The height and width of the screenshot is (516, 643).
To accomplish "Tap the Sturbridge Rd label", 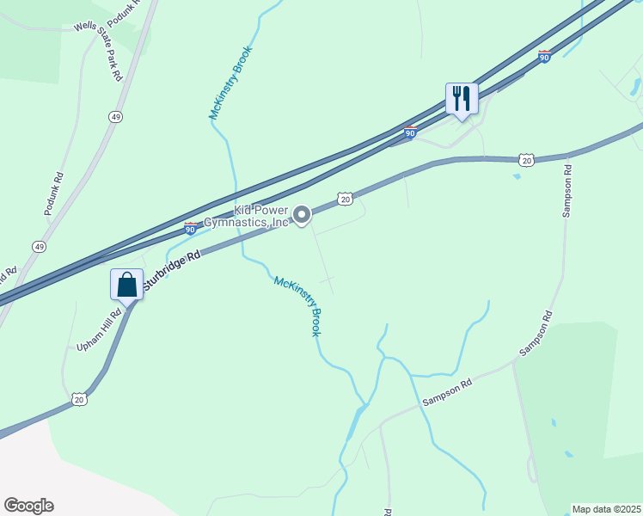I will (172, 269).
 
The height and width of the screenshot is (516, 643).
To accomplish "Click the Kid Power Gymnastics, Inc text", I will (250, 216).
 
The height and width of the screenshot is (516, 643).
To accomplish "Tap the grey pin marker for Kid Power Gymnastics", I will (302, 215).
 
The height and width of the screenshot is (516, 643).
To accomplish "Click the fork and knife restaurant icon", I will (462, 98).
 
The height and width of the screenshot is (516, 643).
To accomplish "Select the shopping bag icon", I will (126, 285).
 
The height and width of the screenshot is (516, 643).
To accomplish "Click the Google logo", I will (28, 506).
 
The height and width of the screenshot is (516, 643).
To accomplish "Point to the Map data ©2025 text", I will (606, 509).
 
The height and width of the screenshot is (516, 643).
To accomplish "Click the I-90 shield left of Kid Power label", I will (191, 228).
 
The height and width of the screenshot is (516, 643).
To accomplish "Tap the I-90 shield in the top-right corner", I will (544, 56).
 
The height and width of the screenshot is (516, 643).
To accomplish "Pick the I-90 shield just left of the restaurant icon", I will (411, 133).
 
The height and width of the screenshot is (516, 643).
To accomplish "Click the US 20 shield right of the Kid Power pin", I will (344, 199).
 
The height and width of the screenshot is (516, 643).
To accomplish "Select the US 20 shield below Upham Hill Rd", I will (79, 399).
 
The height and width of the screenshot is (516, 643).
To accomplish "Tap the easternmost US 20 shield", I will (526, 160).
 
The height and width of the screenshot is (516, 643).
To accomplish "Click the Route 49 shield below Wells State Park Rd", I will (114, 116).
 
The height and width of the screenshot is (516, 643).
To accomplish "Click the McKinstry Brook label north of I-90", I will (230, 82).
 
